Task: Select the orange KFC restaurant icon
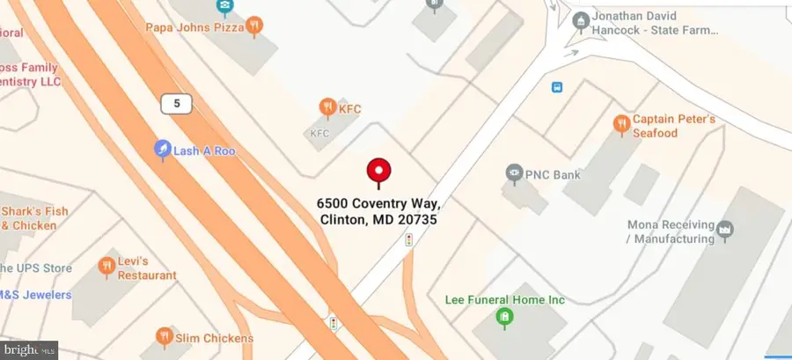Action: click(x=328, y=108)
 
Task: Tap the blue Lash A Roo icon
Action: click(x=162, y=151)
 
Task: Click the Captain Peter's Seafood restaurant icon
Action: click(x=621, y=123)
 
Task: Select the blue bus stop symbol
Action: click(x=557, y=86)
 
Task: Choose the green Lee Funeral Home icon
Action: click(x=504, y=316)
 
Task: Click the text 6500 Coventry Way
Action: click(x=378, y=204)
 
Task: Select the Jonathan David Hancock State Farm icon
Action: click(x=580, y=19)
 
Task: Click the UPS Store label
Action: click(x=35, y=268)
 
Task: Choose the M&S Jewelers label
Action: click(x=35, y=295)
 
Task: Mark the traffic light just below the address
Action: click(x=408, y=239)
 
